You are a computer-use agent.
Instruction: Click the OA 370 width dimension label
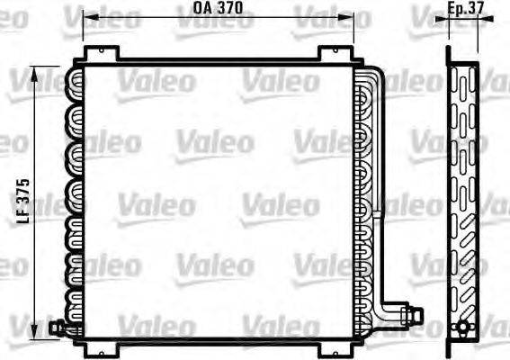[218, 9]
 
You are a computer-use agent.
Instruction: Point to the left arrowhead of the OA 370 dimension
[87, 16]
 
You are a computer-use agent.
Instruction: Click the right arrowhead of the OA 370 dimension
[349, 16]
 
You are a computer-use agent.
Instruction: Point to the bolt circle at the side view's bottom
[463, 326]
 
